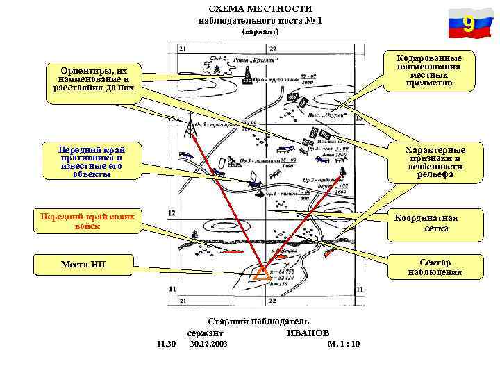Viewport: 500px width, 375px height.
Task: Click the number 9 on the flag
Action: [x=469, y=25]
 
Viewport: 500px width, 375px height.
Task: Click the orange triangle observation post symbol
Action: [x=262, y=274]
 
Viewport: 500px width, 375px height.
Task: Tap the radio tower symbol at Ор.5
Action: [x=189, y=126]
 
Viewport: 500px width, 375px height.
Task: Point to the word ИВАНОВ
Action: [x=308, y=333]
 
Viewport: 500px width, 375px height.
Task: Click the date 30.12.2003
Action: [x=208, y=344]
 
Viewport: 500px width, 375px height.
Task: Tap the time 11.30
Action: [x=167, y=344]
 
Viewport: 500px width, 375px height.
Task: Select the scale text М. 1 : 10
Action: [x=343, y=344]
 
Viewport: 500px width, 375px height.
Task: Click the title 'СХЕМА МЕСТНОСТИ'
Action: [x=260, y=8]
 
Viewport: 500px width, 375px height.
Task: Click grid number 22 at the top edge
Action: [x=273, y=49]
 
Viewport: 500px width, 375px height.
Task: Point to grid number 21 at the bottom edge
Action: [x=183, y=301]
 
